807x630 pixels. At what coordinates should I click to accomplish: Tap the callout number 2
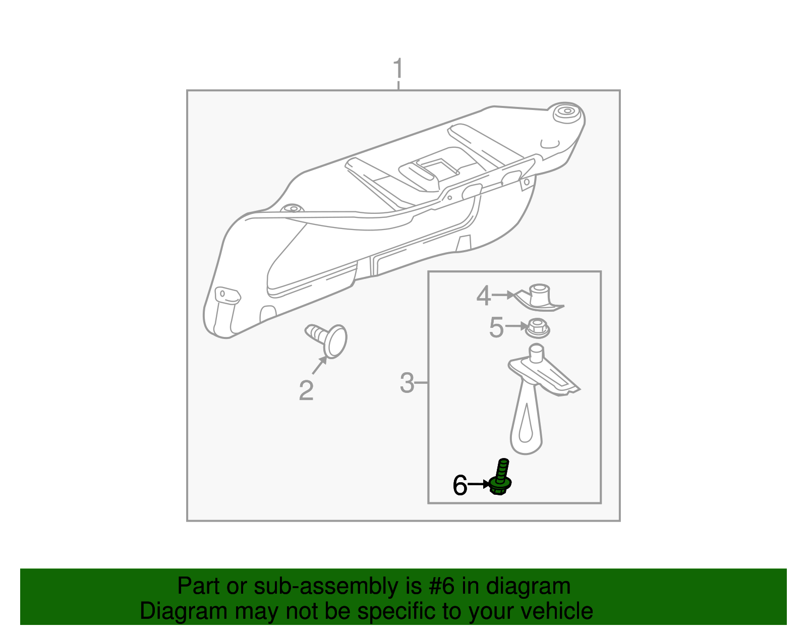(x=306, y=390)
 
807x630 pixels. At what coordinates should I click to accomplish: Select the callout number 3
(x=407, y=383)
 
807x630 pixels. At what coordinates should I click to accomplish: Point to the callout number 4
(x=484, y=296)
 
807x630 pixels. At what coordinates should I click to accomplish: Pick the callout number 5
(x=496, y=327)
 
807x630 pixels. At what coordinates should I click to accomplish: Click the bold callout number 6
(x=460, y=485)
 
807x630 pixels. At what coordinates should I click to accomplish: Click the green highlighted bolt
(x=501, y=477)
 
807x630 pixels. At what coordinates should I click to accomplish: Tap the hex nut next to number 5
(x=537, y=328)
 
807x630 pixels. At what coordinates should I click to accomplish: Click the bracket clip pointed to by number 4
(x=538, y=298)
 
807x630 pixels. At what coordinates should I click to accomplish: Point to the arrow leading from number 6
(x=479, y=484)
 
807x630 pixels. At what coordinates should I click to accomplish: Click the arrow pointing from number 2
(x=319, y=365)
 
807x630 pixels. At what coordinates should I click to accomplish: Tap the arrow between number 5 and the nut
(x=516, y=326)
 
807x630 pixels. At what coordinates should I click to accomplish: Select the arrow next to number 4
(x=503, y=295)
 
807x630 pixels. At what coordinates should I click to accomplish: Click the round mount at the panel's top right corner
(x=567, y=112)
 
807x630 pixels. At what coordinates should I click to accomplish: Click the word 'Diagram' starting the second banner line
(x=184, y=611)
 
